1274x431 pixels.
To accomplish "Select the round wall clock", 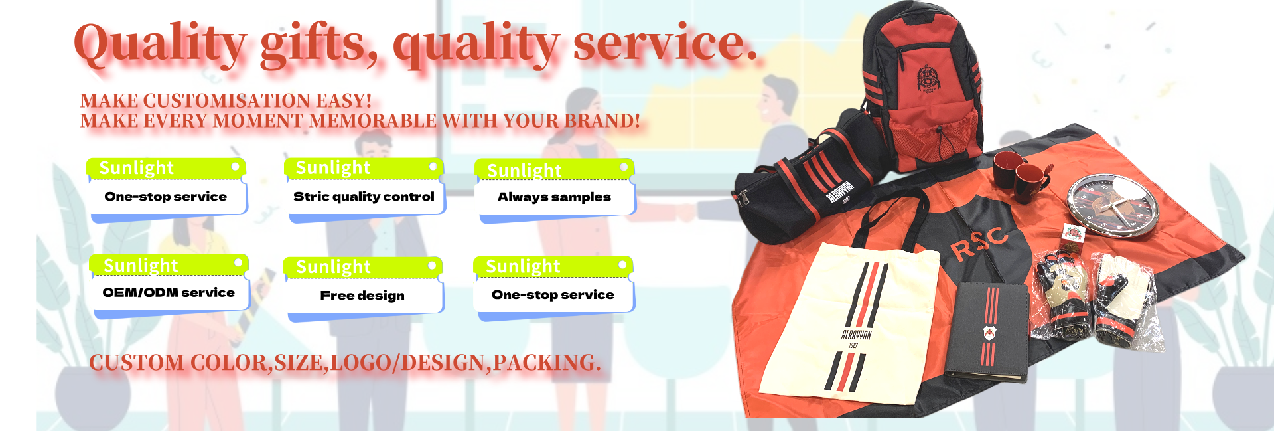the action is (x=1112, y=206).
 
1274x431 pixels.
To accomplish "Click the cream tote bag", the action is (x=849, y=319).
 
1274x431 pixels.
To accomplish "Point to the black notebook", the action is (x=987, y=332).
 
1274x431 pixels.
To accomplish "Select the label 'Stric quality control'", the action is (x=364, y=197).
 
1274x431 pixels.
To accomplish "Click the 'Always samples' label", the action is (x=554, y=197).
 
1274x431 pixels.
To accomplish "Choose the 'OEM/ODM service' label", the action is (x=169, y=292).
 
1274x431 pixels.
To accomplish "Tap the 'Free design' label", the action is (x=362, y=296).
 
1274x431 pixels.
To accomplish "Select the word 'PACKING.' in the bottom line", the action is (x=547, y=363).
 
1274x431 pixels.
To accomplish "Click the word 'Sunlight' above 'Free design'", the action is (x=333, y=267).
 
